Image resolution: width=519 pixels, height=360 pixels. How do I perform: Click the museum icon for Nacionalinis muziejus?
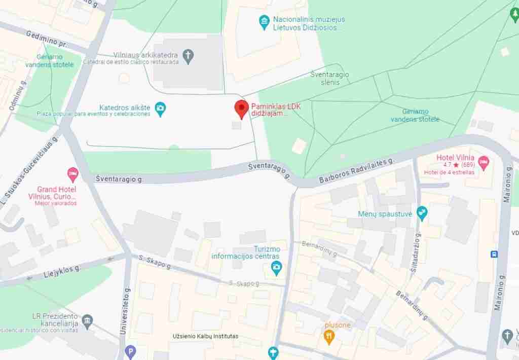coord(264,22)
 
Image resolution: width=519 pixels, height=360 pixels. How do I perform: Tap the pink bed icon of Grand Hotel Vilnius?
coord(72,174)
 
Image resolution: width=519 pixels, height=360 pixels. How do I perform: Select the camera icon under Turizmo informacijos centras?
coord(276,267)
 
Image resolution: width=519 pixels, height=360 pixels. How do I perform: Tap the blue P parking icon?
coord(130,351)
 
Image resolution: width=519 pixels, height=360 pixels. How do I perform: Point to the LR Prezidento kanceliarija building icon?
coord(88,320)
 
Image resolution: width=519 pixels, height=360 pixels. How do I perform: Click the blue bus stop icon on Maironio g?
coord(494,254)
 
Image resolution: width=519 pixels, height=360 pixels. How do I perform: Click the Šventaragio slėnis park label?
coord(330,78)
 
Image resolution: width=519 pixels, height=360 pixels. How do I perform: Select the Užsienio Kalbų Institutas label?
coord(205,336)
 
